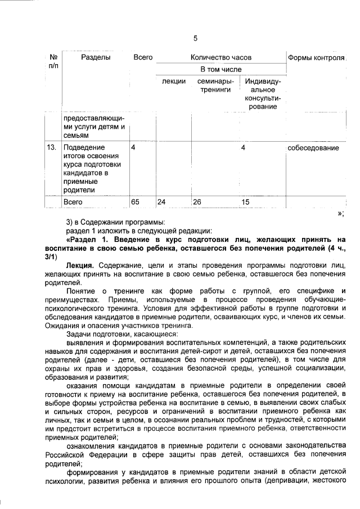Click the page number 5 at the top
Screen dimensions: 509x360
195,38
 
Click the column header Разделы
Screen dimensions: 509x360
95,57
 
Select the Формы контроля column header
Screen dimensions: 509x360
316,57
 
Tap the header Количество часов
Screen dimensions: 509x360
220,57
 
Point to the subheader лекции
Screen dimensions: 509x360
174,82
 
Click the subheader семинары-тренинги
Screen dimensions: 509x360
216,85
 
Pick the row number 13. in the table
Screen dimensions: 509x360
52,147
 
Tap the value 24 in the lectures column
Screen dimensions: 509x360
161,201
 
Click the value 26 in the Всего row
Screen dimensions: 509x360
197,201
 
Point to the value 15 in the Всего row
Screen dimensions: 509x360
245,201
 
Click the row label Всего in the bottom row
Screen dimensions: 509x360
73,201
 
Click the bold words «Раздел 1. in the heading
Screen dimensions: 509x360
88,240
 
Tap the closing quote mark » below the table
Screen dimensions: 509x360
340,213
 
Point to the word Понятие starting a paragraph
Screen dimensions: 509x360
80,290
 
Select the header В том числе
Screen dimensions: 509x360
220,69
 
